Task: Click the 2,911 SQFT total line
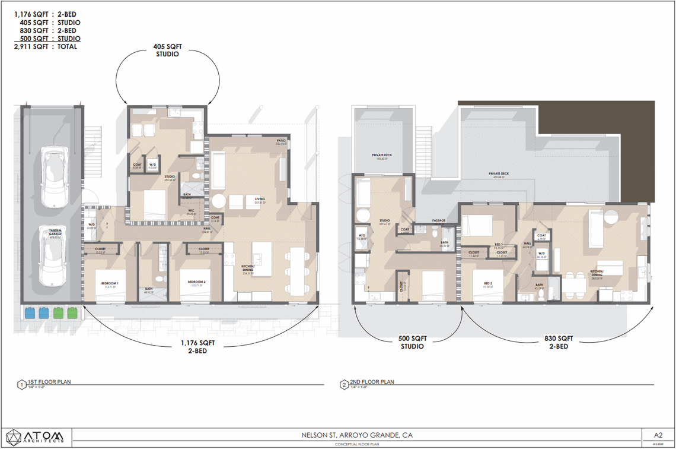pos(45,46)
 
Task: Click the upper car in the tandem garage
pos(54,178)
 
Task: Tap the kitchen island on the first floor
pos(262,257)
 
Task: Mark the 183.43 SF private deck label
pos(381,157)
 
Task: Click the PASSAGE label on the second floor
pos(439,220)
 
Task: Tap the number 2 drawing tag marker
pos(343,384)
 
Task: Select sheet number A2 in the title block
pos(658,435)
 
